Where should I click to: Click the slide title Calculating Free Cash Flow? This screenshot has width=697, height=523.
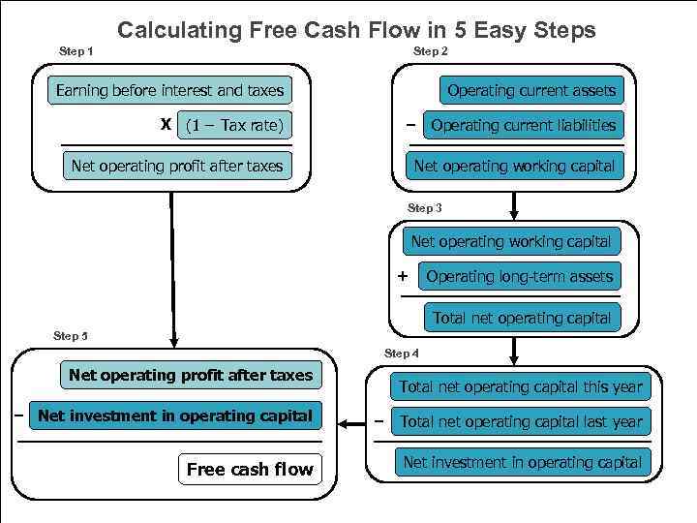(356, 30)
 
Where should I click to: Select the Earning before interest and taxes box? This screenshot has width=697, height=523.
(169, 91)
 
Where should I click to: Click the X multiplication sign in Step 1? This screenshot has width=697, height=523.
(166, 125)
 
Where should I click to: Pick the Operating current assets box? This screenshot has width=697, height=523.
(530, 91)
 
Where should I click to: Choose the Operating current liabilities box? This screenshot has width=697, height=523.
(523, 125)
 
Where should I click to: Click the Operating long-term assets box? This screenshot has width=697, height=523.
(519, 276)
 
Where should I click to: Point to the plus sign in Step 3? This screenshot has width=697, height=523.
(403, 276)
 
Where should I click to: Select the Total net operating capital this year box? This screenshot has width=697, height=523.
(520, 386)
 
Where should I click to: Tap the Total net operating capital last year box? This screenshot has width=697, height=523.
(521, 421)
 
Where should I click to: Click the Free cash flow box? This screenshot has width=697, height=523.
(249, 470)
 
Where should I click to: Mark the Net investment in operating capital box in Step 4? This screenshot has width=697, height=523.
(522, 462)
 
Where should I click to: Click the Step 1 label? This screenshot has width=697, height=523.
(76, 50)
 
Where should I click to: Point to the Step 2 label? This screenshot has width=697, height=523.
(430, 50)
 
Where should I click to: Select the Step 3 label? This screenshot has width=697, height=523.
(425, 208)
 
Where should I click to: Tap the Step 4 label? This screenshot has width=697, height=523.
(402, 354)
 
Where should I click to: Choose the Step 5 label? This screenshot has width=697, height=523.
(71, 336)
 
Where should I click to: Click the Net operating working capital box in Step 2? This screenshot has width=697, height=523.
(514, 166)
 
